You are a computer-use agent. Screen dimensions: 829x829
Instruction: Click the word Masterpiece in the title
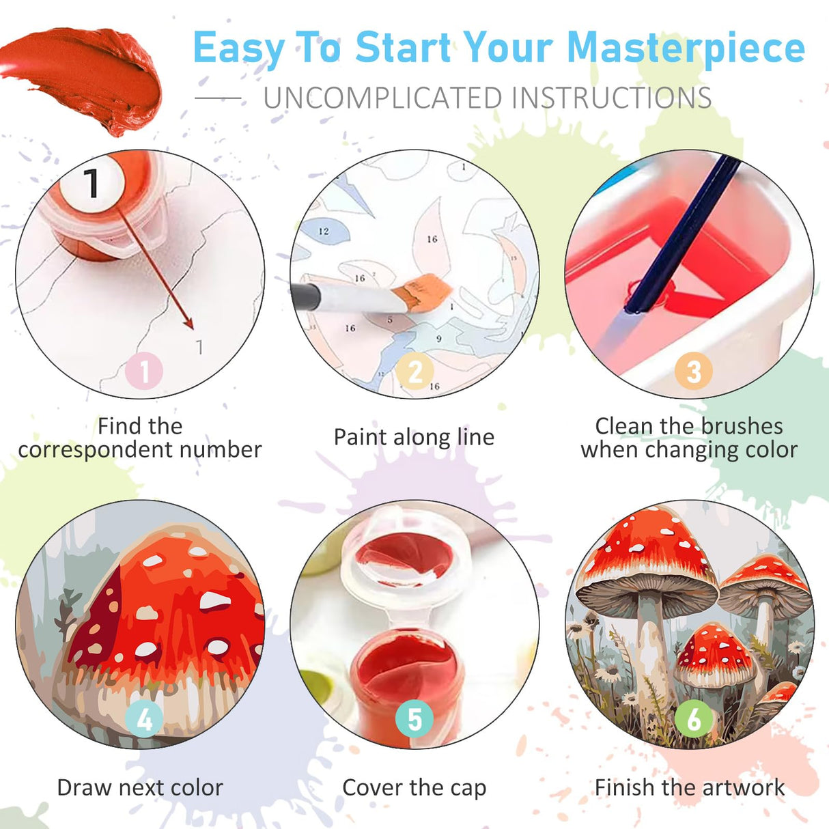[686, 48]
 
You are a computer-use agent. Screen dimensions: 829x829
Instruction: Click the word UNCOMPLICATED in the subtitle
[382, 98]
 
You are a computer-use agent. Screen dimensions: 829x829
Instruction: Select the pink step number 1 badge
[144, 371]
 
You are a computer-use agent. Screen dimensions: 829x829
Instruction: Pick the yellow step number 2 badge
[415, 371]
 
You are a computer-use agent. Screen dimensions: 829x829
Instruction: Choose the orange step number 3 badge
[693, 371]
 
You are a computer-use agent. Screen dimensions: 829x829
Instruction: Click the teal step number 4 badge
[144, 719]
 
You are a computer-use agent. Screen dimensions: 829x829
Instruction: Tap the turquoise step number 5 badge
[414, 719]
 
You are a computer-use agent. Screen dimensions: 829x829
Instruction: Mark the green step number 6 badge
[693, 719]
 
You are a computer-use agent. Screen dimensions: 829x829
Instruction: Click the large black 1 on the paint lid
[92, 182]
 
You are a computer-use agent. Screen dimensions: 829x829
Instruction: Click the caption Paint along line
[414, 437]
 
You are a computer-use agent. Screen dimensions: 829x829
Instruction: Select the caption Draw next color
[140, 787]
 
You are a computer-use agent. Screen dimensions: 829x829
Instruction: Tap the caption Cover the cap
[414, 787]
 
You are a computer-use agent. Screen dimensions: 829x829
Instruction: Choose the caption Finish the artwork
[690, 787]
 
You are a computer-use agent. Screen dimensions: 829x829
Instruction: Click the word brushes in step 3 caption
[742, 426]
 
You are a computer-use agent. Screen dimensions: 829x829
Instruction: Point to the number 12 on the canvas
[324, 231]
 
